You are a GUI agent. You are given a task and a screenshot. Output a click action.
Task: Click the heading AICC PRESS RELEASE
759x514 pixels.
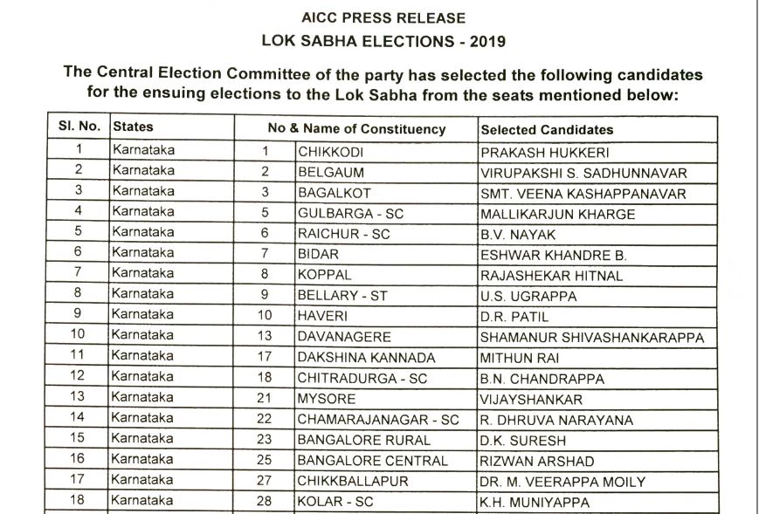pyautogui.click(x=383, y=17)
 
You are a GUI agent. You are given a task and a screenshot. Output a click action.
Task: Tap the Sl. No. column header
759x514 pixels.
pyautogui.click(x=79, y=127)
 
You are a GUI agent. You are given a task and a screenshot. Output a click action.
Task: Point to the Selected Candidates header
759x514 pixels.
pyautogui.click(x=547, y=129)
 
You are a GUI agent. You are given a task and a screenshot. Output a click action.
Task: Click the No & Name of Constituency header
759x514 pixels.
pyautogui.click(x=356, y=129)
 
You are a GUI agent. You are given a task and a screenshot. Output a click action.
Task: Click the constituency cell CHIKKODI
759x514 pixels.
pyautogui.click(x=331, y=152)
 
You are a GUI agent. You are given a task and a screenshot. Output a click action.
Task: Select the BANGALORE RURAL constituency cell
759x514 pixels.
pyautogui.click(x=363, y=440)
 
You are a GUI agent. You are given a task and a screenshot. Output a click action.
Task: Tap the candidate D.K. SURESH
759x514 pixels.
pyautogui.click(x=518, y=440)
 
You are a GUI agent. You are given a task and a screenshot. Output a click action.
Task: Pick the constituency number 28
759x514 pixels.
pyautogui.click(x=265, y=502)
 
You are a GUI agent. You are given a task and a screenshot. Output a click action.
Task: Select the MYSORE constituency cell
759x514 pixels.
pyautogui.click(x=326, y=398)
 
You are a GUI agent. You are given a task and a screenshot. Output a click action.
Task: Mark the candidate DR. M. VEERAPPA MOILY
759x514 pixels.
pyautogui.click(x=562, y=482)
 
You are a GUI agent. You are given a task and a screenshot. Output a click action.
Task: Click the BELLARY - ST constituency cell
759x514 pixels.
pyautogui.click(x=342, y=296)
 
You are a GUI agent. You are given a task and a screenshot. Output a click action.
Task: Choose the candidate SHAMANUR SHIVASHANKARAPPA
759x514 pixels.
pyautogui.click(x=591, y=338)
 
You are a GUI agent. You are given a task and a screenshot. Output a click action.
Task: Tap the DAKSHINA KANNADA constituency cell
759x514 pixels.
pyautogui.click(x=366, y=358)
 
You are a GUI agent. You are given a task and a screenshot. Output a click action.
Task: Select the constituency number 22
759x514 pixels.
pyautogui.click(x=265, y=420)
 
